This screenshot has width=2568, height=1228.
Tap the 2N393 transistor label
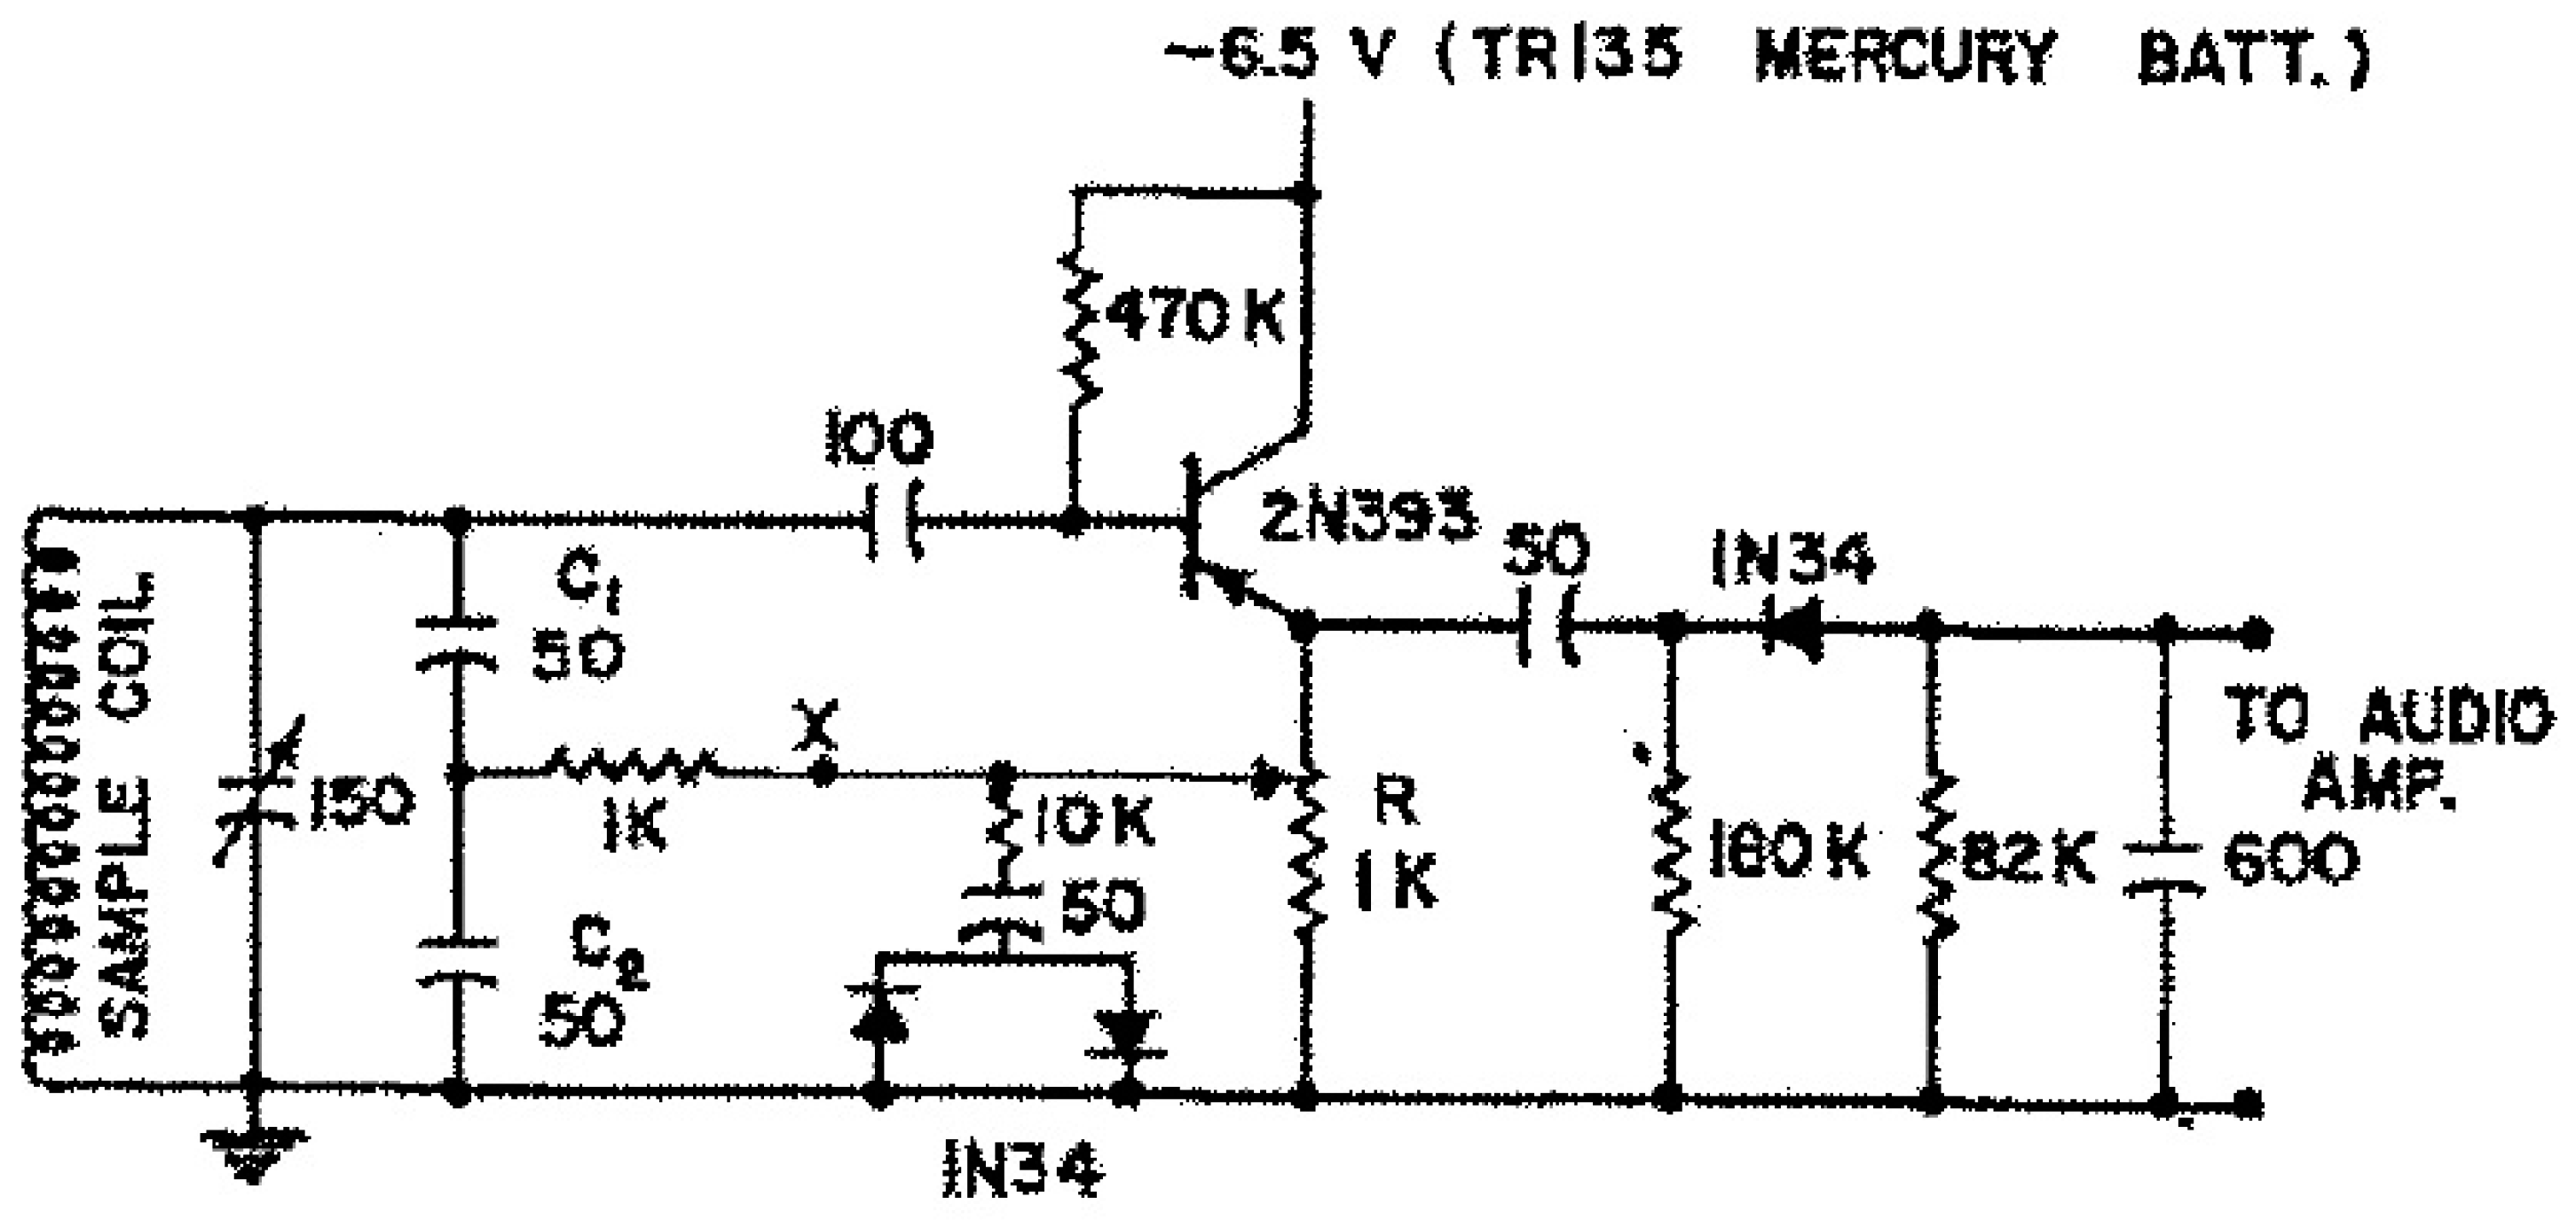point(1368,518)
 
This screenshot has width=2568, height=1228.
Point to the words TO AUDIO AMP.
point(2389,749)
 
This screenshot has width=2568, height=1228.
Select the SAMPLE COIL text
point(128,806)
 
